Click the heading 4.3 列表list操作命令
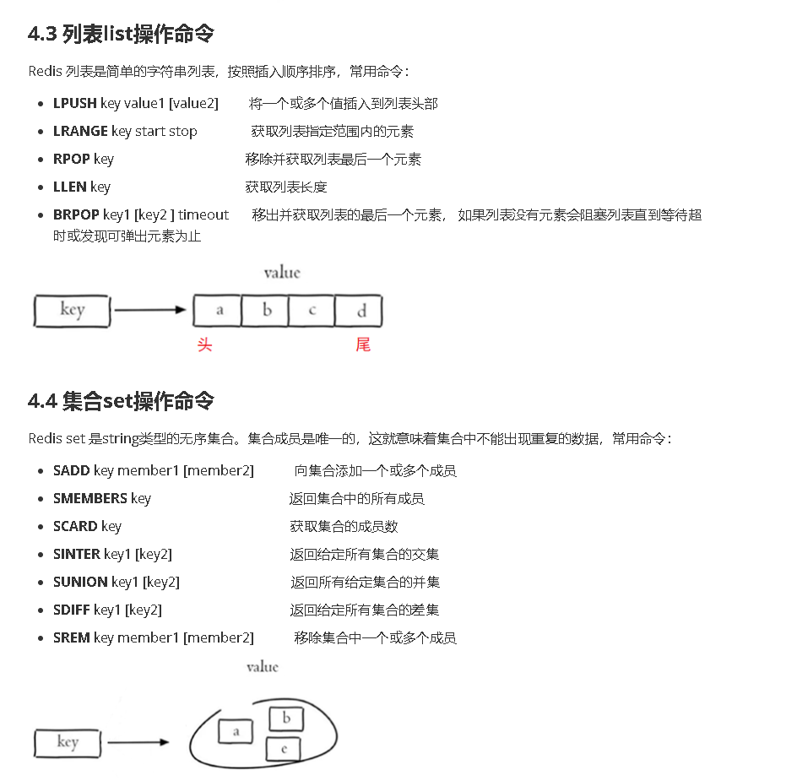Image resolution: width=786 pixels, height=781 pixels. pos(121,35)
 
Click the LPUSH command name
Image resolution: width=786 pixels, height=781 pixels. pos(74,104)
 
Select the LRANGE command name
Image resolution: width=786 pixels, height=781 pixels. pos(80,132)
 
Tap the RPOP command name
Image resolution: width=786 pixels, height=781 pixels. pos(72,160)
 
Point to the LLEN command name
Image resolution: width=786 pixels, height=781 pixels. pos(70,187)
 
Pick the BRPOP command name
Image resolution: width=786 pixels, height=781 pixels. pos(76,215)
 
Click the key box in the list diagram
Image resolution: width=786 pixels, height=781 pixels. pos(72,310)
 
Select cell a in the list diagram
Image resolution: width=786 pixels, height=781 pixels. pos(218,310)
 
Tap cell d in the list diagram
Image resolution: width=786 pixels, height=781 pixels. pos(360,310)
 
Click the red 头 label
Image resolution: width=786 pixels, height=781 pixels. pos(204,344)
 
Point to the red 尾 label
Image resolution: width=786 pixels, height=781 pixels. pos(363,344)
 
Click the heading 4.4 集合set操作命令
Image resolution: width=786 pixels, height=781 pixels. pos(121,401)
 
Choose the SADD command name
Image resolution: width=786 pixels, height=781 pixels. pos(72,471)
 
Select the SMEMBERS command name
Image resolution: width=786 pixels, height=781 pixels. pos(90,499)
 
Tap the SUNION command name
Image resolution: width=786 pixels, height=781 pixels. pos(80,583)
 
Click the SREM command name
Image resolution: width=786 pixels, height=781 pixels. pos(72,638)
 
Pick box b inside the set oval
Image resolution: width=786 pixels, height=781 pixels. pos(286,719)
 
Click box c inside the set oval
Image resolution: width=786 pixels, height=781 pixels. pos(283,748)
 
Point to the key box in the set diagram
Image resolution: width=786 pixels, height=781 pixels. pos(68,743)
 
